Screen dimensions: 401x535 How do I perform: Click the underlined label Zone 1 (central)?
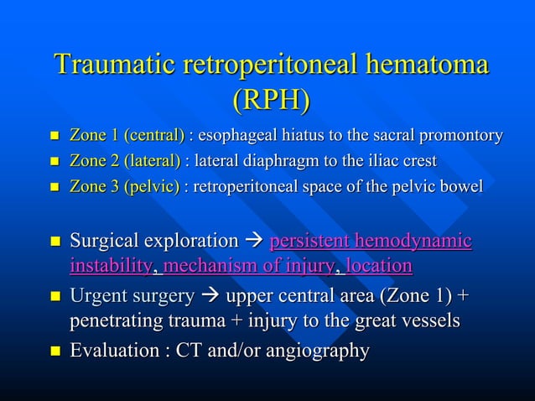click(x=127, y=135)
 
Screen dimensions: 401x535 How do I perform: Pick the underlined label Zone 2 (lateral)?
click(x=125, y=160)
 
